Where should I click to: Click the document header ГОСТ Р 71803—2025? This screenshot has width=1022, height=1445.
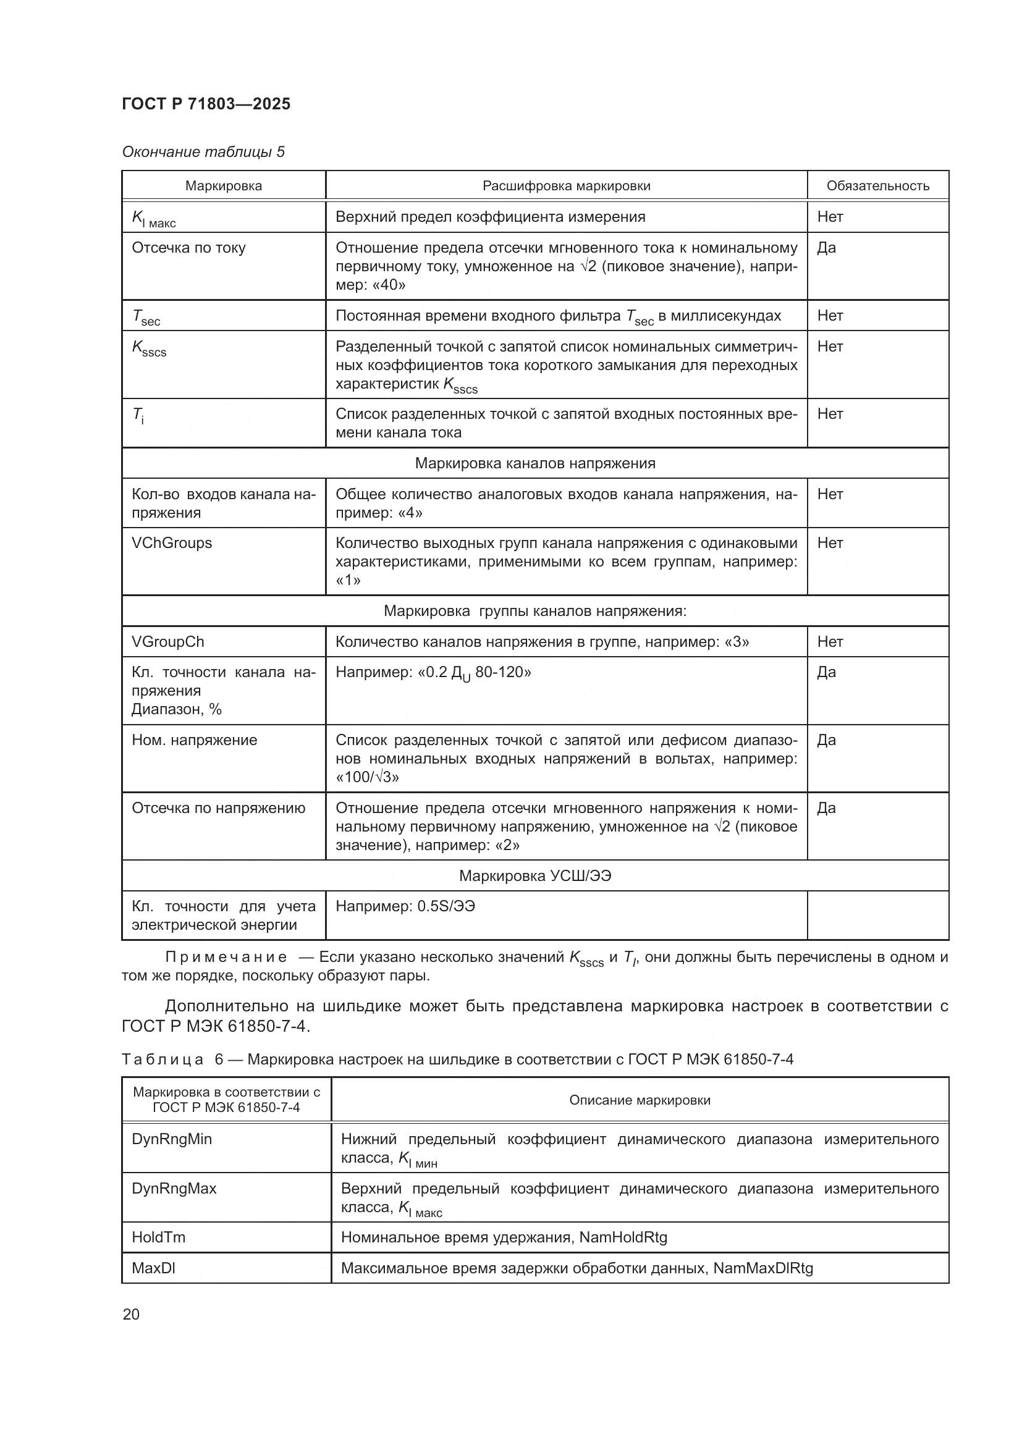click(206, 104)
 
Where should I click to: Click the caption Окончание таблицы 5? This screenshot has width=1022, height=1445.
click(203, 152)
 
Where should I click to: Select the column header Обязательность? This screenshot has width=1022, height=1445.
click(877, 186)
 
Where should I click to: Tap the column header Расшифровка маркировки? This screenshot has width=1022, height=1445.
click(566, 186)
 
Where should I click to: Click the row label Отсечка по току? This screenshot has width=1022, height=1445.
click(188, 247)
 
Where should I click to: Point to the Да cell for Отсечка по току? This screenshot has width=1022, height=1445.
click(826, 247)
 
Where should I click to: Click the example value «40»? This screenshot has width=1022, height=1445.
click(384, 284)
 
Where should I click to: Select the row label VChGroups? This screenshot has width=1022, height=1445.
click(171, 542)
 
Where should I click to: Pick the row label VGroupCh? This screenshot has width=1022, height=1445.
click(167, 641)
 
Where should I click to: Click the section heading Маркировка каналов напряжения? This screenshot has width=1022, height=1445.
click(535, 463)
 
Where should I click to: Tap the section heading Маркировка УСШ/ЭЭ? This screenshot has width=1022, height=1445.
click(535, 875)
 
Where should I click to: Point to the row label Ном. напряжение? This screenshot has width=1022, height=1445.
click(194, 739)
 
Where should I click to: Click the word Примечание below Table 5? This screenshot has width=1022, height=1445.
click(226, 957)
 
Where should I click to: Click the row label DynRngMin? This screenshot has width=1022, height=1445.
click(171, 1139)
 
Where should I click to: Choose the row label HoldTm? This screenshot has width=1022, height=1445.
click(158, 1237)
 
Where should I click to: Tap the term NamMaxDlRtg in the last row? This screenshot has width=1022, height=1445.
click(762, 1268)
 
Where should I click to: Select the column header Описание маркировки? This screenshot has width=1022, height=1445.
click(640, 1100)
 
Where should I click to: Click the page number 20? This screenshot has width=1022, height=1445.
click(131, 1314)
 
